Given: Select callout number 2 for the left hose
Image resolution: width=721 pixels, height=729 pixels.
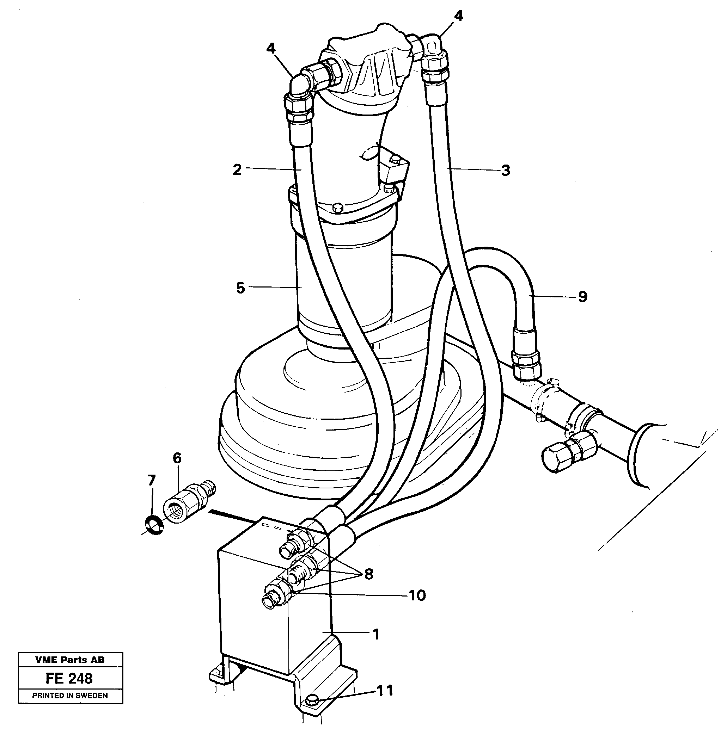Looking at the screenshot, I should tap(237, 170).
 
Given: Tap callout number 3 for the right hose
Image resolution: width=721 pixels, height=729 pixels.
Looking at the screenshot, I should tap(506, 171).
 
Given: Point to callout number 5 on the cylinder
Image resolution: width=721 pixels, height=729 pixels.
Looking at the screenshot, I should tap(240, 288).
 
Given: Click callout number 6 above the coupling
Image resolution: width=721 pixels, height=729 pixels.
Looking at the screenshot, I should tap(177, 458).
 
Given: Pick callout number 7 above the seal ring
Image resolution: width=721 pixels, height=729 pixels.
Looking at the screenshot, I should tap(151, 480).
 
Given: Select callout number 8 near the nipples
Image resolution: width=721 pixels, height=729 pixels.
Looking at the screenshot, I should tap(368, 574).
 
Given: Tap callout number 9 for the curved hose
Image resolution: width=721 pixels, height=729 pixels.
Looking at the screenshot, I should tap(583, 297).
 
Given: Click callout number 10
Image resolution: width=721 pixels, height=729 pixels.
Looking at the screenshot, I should tap(417, 595).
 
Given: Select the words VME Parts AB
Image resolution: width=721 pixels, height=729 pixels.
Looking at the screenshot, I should tap(70, 660).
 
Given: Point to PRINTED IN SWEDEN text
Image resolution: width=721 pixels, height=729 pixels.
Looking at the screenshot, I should tap(70, 696).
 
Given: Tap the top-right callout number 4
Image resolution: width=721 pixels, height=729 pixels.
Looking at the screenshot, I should tap(459, 16).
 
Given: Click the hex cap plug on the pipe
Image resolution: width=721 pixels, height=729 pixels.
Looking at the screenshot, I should tap(554, 457).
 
